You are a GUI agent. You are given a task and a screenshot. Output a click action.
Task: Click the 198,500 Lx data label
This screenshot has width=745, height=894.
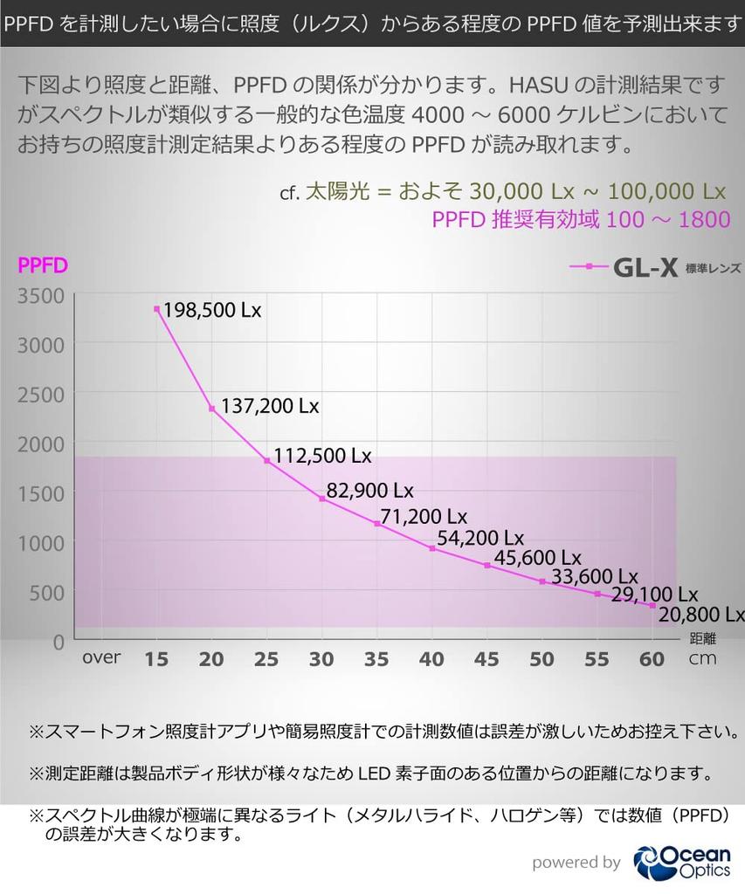pyautogui.click(x=212, y=310)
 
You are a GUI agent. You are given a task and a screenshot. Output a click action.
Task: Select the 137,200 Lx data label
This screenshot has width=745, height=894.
pyautogui.click(x=269, y=407)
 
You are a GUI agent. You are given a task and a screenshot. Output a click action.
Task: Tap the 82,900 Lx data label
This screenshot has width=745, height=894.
pyautogui.click(x=369, y=489)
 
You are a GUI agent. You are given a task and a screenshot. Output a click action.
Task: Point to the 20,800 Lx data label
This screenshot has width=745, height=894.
pyautogui.click(x=701, y=614)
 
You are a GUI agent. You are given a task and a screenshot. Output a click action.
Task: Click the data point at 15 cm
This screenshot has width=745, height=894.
pyautogui.click(x=157, y=308)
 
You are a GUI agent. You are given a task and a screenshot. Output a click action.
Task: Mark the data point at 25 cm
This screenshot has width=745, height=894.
pyautogui.click(x=267, y=460)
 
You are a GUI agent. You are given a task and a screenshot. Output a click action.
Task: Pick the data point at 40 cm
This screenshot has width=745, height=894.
pyautogui.click(x=432, y=548)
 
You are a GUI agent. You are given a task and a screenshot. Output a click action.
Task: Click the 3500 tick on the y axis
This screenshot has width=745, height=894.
pyautogui.click(x=41, y=296)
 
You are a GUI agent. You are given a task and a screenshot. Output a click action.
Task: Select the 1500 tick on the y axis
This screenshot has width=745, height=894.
pyautogui.click(x=41, y=493)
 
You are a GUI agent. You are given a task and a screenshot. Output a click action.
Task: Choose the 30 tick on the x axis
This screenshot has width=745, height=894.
pyautogui.click(x=322, y=659)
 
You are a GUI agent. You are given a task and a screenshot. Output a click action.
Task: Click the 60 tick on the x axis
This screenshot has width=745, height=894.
pyautogui.click(x=652, y=659)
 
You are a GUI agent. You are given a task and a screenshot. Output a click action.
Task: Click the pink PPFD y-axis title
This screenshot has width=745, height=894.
pyautogui.click(x=43, y=265)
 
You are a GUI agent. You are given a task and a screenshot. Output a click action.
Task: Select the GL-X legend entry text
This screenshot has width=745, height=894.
pyautogui.click(x=645, y=267)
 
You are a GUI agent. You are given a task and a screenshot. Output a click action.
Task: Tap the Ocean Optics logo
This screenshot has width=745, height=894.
pyautogui.click(x=682, y=862)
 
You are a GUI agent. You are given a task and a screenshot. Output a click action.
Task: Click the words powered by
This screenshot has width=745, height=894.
pyautogui.click(x=576, y=863)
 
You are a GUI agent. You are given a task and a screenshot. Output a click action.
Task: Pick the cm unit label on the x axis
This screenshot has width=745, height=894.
pyautogui.click(x=702, y=659)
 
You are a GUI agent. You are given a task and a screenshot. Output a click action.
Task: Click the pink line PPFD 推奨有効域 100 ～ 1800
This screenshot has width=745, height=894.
pyautogui.click(x=581, y=218)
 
